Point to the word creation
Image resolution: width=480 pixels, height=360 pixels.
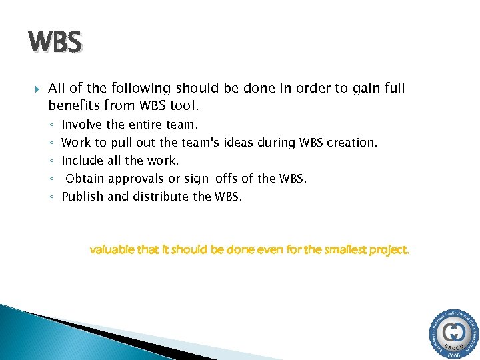353,142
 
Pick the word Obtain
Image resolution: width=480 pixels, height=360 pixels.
85,178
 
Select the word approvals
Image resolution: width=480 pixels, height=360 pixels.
136,179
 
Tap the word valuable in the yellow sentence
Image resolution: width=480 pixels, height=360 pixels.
114,250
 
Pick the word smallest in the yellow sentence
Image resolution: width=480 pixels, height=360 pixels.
331,250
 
